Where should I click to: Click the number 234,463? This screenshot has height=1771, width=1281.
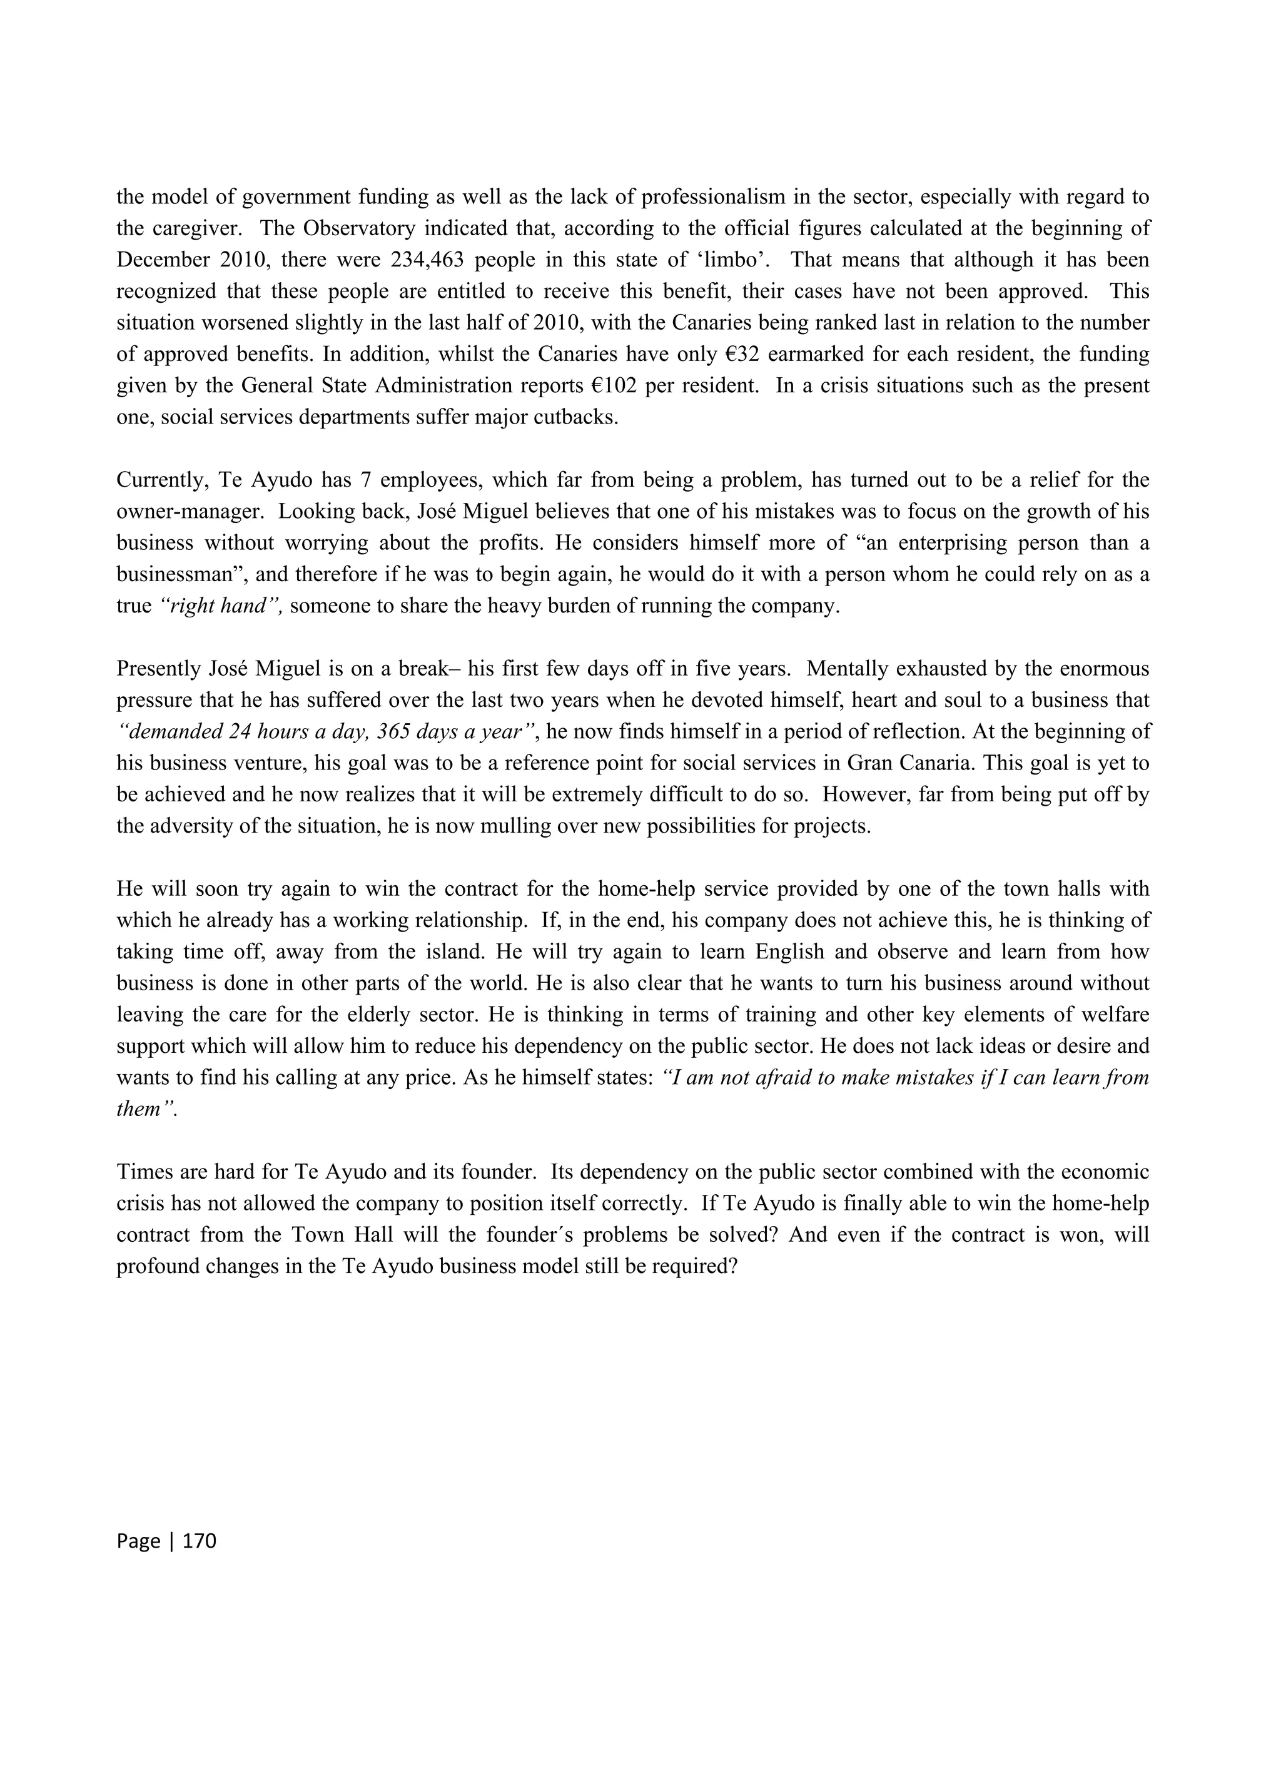click(x=432, y=259)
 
